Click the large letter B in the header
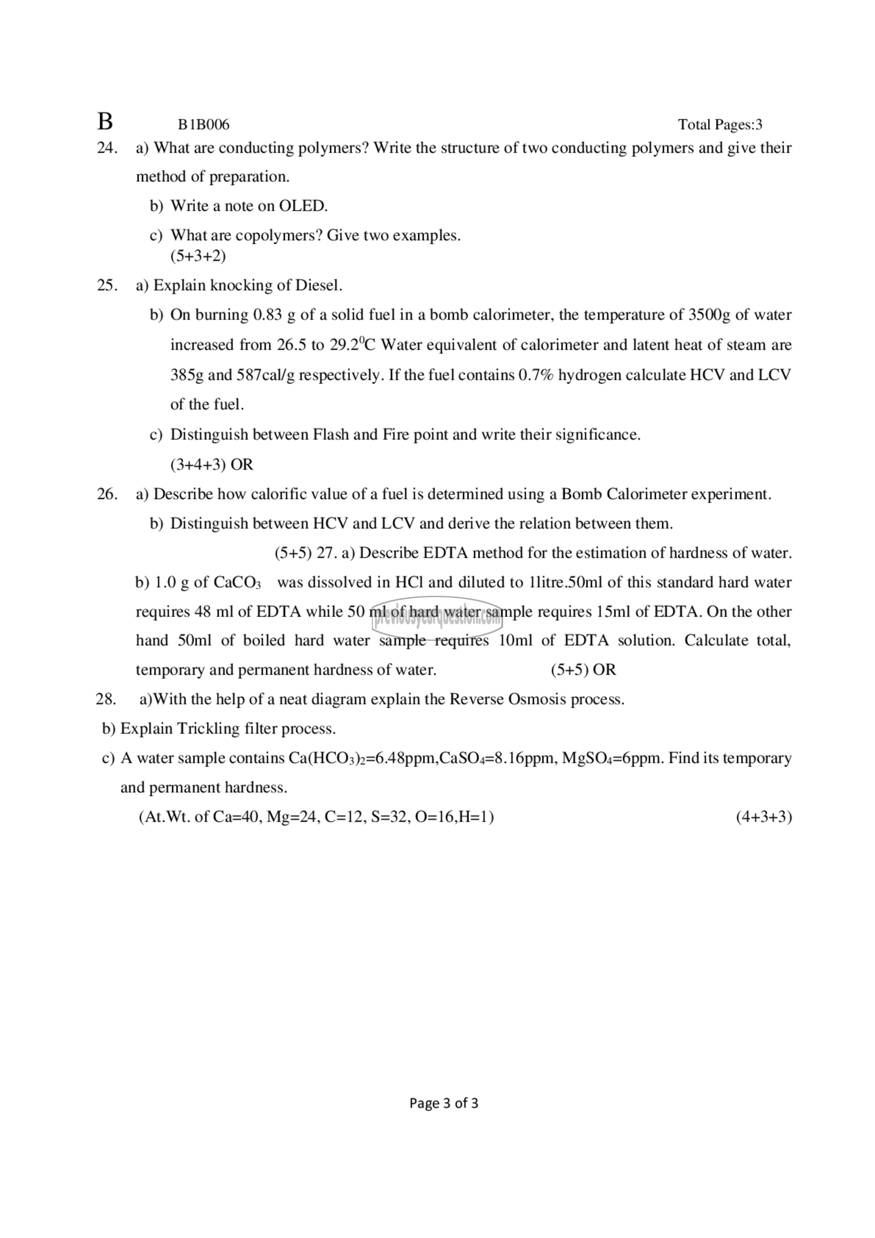click(x=105, y=122)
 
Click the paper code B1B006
click(x=204, y=125)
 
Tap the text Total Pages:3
click(x=720, y=125)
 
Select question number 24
click(x=107, y=148)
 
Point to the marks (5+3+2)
click(x=198, y=256)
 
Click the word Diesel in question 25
click(x=318, y=285)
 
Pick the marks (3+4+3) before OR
click(x=198, y=465)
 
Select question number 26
click(x=107, y=494)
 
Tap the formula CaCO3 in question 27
click(x=237, y=583)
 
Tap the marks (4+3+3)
click(x=763, y=817)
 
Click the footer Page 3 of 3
click(x=444, y=1103)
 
